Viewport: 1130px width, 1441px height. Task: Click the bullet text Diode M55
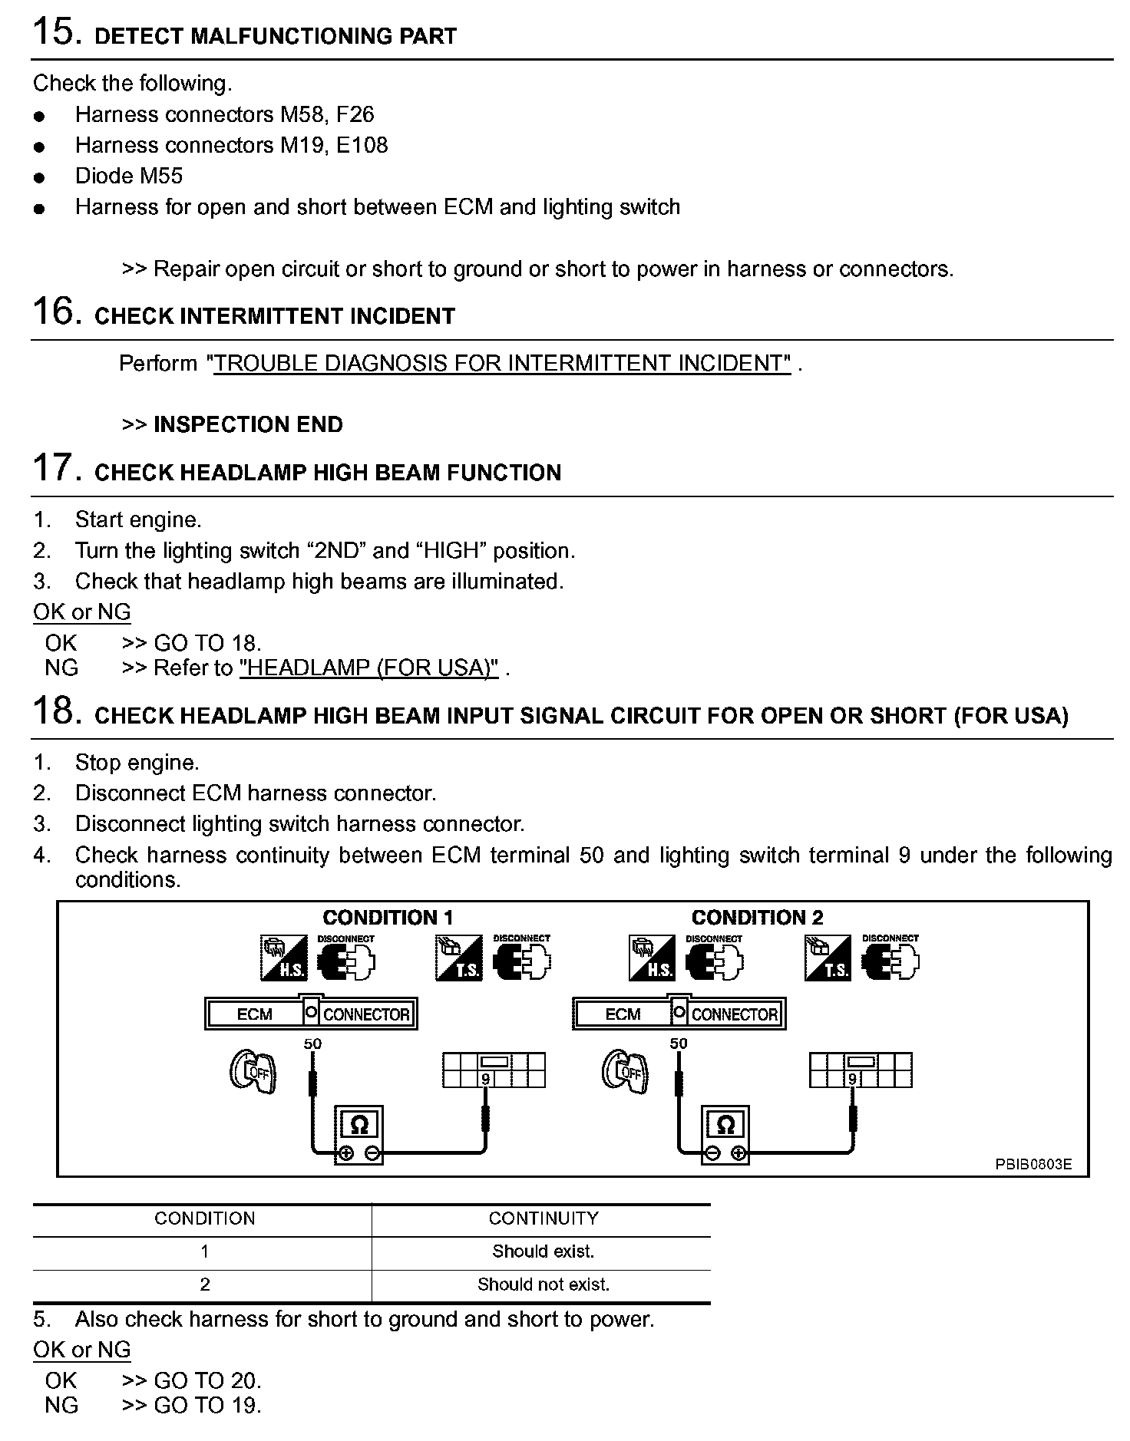[x=128, y=176]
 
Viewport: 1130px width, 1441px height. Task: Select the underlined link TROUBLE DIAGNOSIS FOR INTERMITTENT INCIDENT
[x=501, y=363]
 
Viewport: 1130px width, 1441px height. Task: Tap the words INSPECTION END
[x=248, y=424]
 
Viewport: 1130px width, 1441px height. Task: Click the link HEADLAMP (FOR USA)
[x=369, y=668]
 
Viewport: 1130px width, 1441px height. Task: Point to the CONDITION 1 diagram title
[x=388, y=917]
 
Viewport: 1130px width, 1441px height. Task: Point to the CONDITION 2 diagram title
[x=757, y=917]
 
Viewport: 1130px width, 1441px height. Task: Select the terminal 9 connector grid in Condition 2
[x=861, y=1070]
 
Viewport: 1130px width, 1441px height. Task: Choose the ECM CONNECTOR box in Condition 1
[x=311, y=1013]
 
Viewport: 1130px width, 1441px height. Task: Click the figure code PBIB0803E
[x=1033, y=1164]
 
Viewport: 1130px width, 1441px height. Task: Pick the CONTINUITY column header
[x=543, y=1218]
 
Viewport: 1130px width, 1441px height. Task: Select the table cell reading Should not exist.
[x=543, y=1284]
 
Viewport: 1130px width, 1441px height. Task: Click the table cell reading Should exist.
[x=543, y=1251]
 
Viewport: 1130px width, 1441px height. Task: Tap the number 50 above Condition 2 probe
[x=679, y=1044]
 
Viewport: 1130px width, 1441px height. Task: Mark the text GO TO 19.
[x=207, y=1405]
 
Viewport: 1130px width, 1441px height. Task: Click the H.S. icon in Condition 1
[x=283, y=958]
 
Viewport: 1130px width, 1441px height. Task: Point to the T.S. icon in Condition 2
[x=828, y=958]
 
